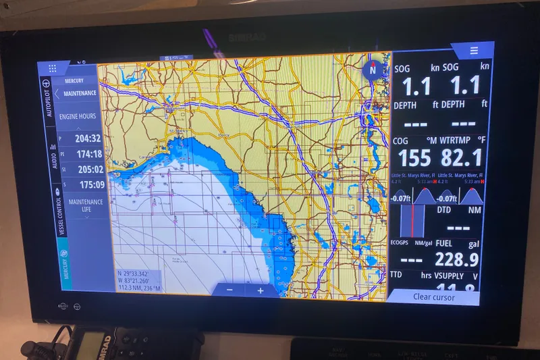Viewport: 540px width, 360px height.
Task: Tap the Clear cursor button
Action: click(434, 297)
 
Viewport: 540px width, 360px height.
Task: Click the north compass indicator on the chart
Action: click(372, 70)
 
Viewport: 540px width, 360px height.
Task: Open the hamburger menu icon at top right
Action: click(474, 51)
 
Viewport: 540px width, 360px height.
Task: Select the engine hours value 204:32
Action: click(88, 138)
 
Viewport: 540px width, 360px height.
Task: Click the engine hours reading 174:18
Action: click(88, 154)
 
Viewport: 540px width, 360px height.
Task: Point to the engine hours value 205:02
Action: click(90, 170)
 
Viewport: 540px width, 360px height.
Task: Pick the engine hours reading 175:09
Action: click(90, 184)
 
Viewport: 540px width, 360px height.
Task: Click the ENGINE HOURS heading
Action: click(78, 116)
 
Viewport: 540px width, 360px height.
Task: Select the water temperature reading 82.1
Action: click(462, 158)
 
